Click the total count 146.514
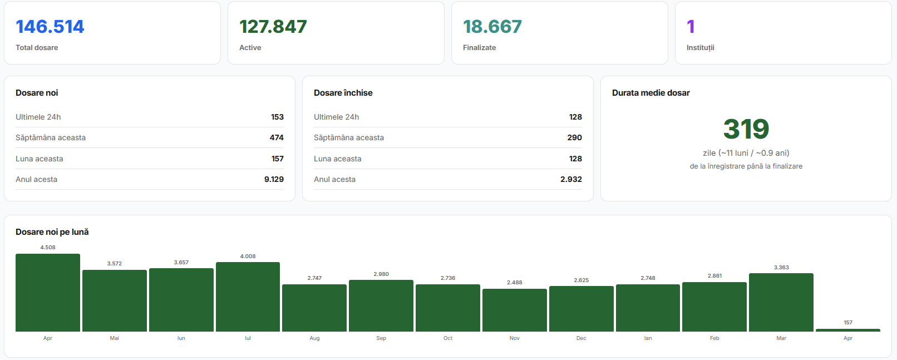pos(50,27)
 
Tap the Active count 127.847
pos(273,27)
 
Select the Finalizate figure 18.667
pos(492,27)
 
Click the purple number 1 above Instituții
pos(691,27)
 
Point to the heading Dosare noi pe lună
pos(52,232)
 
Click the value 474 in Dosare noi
pos(277,137)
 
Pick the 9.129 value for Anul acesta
pos(274,179)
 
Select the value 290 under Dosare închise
pos(574,137)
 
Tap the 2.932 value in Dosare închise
pos(571,179)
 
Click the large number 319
pos(746,129)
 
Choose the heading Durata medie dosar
pos(650,93)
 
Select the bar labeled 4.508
pos(48,293)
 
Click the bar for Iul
pos(248,297)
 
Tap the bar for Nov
pos(515,310)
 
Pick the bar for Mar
pos(781,302)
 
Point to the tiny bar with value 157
pos(847,331)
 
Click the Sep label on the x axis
pos(381,338)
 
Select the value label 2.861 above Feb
pos(715,275)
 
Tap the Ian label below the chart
pos(648,338)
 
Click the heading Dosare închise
pos(343,93)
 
